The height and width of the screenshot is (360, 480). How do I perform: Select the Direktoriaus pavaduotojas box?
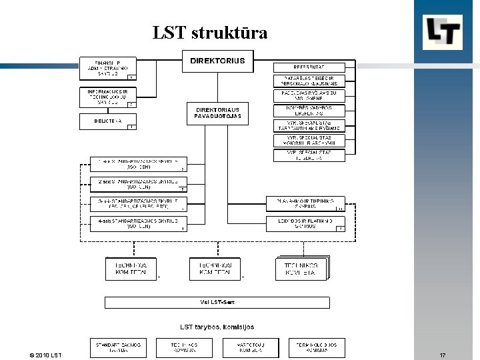[x=218, y=113]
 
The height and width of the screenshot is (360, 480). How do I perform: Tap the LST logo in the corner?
[x=443, y=32]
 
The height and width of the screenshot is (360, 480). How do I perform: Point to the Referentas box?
[x=310, y=67]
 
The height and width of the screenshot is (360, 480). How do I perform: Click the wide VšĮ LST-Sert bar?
[x=217, y=303]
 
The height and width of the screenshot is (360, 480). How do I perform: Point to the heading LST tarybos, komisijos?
[x=217, y=327]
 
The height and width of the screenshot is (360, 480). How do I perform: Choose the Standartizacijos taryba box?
[x=117, y=347]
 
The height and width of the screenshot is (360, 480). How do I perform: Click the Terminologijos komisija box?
[x=317, y=347]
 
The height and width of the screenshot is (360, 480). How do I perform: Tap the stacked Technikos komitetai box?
[x=301, y=269]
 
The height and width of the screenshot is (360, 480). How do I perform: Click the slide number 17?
[x=443, y=355]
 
